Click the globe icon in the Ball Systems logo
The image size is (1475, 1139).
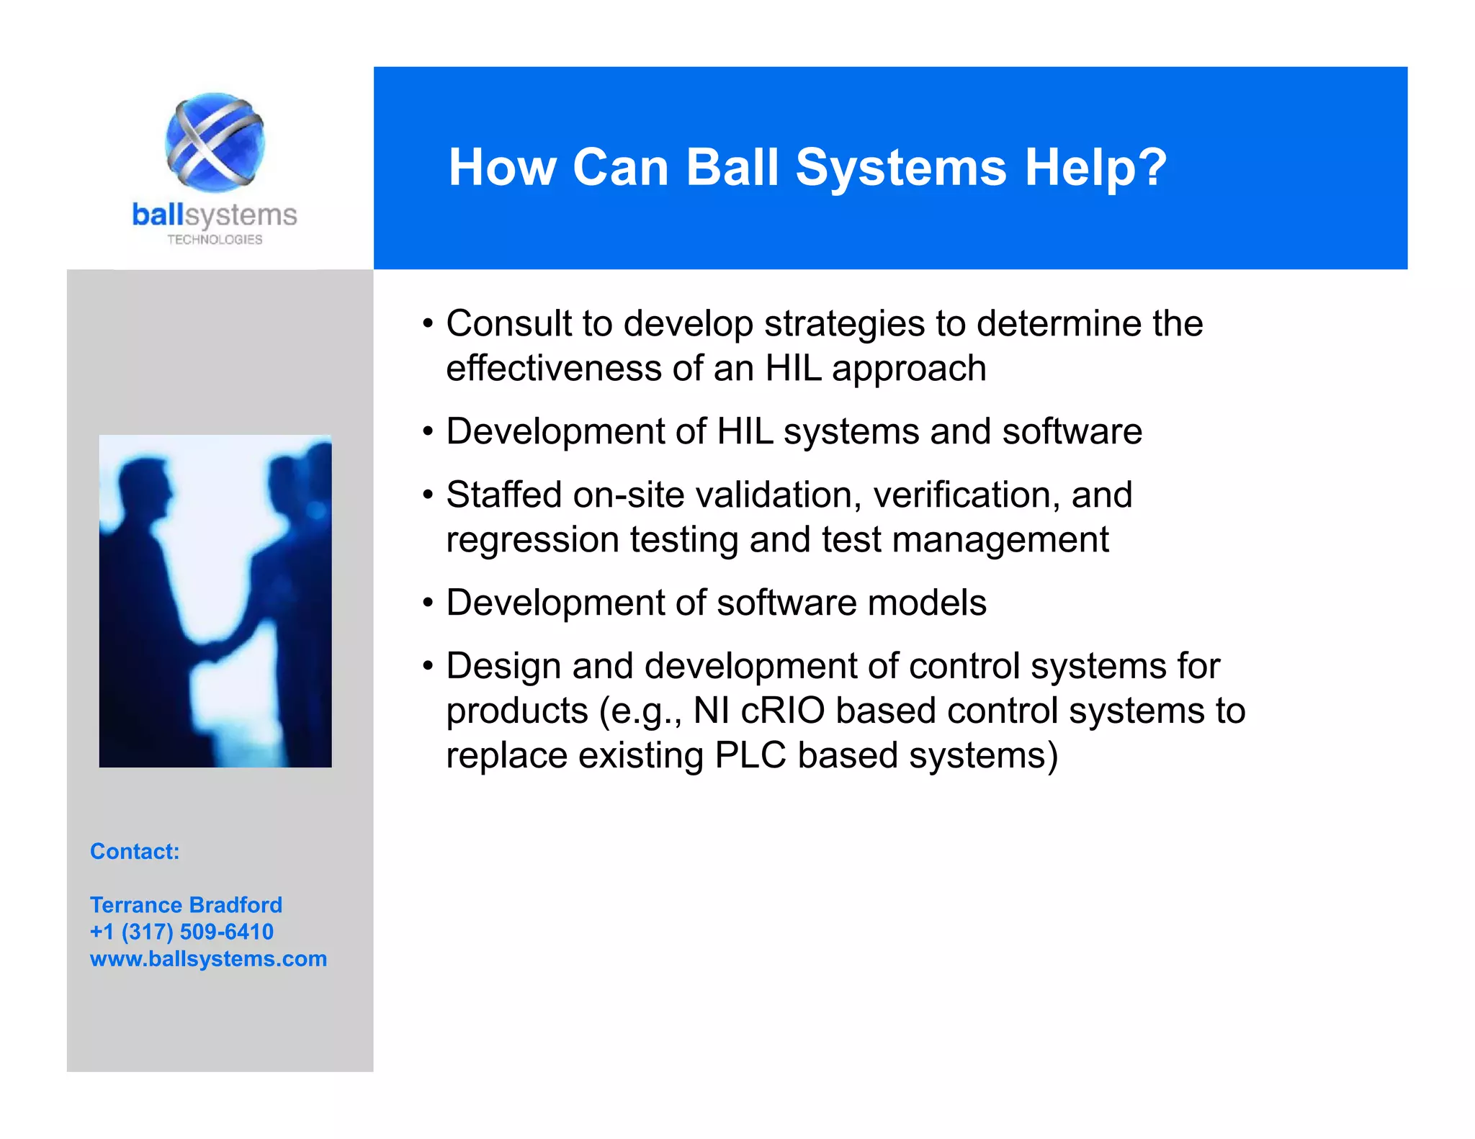(x=215, y=142)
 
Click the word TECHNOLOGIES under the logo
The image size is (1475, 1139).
(x=215, y=240)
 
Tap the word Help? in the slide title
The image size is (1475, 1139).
(x=1095, y=167)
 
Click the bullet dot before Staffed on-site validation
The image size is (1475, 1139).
(x=428, y=495)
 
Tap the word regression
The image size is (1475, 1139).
(x=532, y=541)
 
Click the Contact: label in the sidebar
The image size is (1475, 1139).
(x=135, y=852)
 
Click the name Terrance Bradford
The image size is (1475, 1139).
(x=186, y=905)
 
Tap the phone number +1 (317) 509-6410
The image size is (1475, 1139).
(x=181, y=932)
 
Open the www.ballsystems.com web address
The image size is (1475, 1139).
(x=208, y=959)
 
